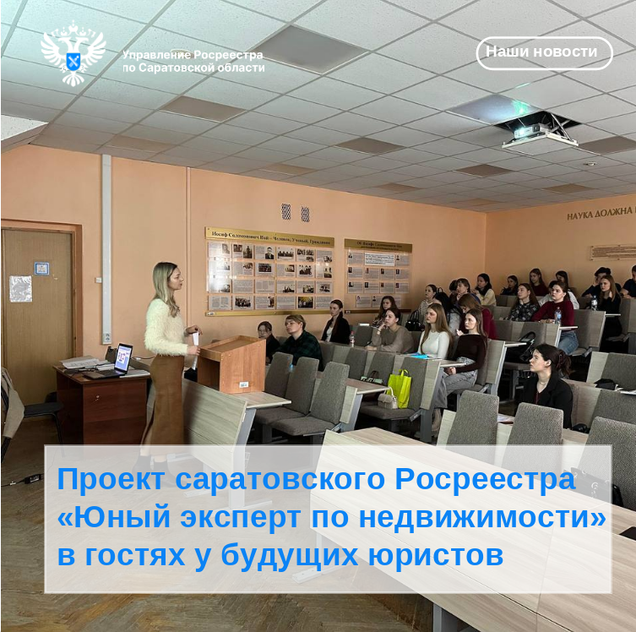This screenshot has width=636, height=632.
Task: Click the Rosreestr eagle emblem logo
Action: coord(73,53)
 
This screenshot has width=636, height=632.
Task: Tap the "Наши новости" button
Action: coord(544,52)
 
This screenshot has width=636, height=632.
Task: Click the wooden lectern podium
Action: coord(231,363)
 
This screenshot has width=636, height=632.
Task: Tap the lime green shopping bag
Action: coord(399,388)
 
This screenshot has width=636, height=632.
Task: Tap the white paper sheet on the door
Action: coord(21,288)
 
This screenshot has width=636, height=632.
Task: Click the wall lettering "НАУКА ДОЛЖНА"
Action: coord(600,214)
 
